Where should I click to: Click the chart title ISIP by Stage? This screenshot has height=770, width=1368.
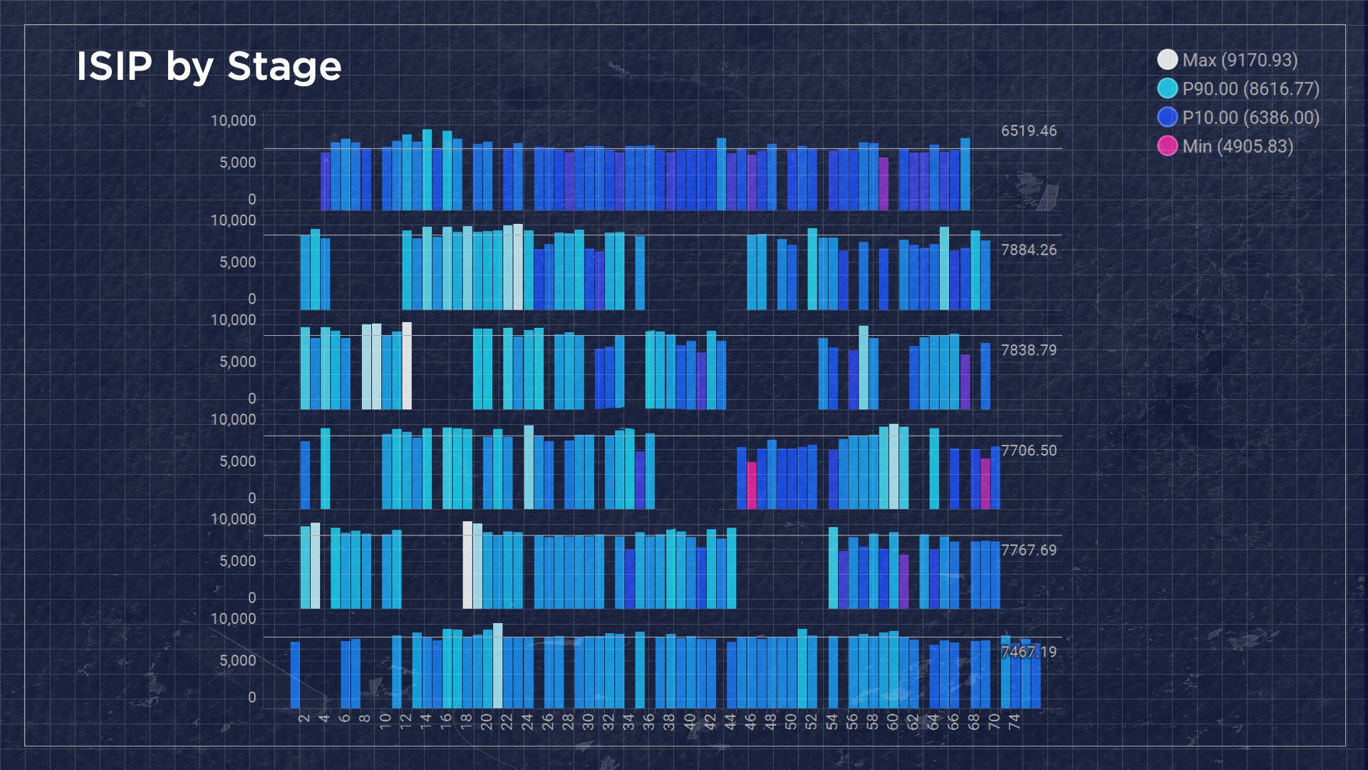[209, 66]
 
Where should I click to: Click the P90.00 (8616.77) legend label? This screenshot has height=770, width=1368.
[1250, 89]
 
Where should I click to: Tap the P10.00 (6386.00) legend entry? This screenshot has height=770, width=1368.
[1250, 118]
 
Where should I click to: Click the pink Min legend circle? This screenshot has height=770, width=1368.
[1167, 146]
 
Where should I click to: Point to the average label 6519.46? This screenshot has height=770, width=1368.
[1028, 130]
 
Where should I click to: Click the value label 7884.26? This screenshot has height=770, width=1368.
[1028, 250]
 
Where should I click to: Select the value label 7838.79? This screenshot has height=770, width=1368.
[1028, 350]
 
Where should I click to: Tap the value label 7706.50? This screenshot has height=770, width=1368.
[1028, 451]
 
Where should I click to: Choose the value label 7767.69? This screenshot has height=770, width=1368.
[1028, 550]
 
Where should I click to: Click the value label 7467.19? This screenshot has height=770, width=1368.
[1028, 652]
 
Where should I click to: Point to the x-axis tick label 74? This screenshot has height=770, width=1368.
[1015, 721]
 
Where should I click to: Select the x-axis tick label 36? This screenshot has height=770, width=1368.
[649, 721]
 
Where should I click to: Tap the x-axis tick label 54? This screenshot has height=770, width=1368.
[831, 721]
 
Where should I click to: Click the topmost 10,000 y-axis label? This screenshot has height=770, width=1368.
[233, 120]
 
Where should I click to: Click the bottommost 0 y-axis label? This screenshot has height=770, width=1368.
[252, 697]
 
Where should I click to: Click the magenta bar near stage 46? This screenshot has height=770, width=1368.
[752, 485]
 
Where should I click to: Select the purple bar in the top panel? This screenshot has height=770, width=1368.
[883, 184]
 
